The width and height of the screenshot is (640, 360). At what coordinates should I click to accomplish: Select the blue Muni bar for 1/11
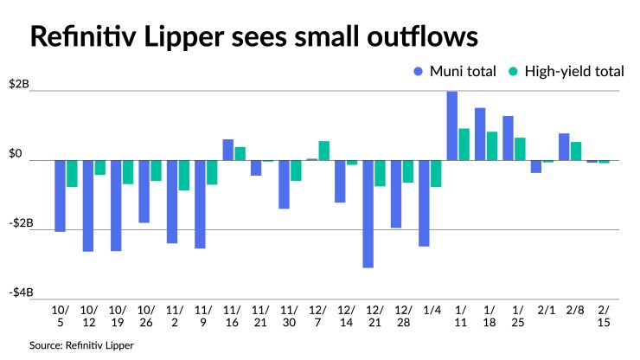452,125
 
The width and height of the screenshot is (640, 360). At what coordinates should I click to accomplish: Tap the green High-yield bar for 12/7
324,151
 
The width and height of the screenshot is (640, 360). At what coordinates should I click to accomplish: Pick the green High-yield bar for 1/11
464,145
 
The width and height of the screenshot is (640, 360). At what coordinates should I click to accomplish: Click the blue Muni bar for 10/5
61,196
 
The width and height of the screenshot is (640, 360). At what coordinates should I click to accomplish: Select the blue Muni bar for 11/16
228,150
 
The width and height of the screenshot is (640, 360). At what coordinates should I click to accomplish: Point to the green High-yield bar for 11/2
184,175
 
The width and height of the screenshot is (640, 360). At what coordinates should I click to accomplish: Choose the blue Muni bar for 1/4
425,203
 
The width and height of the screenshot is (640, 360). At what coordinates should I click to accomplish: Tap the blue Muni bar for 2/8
564,147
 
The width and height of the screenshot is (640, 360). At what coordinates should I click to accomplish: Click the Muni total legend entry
455,71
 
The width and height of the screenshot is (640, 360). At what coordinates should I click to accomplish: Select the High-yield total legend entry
566,71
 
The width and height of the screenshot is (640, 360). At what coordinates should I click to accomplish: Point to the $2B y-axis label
18,84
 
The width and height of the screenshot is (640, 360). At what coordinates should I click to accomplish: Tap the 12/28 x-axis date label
403,317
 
